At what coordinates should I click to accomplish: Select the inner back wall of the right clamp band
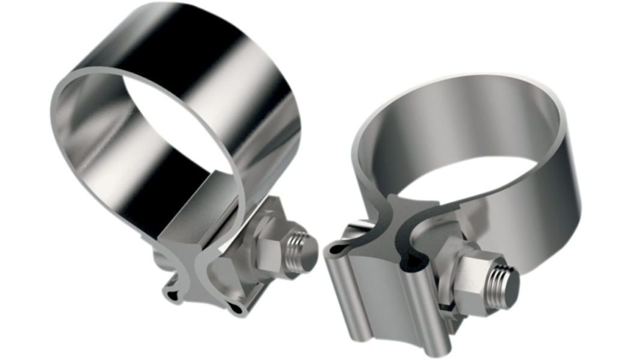pos(468,120)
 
